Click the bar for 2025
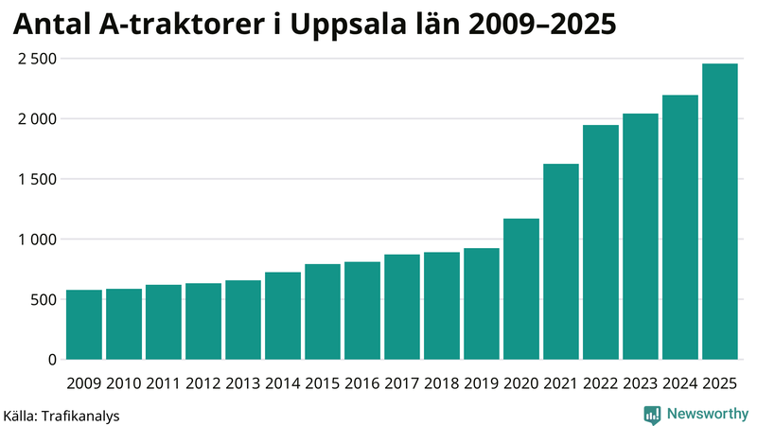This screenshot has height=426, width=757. pyautogui.click(x=719, y=212)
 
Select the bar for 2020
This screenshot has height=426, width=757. pyautogui.click(x=520, y=290)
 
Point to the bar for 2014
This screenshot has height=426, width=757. pyautogui.click(x=283, y=316)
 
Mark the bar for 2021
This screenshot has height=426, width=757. pyautogui.click(x=560, y=262)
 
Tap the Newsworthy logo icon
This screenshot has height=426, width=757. pyautogui.click(x=652, y=414)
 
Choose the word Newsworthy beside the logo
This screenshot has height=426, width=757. pyautogui.click(x=707, y=414)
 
